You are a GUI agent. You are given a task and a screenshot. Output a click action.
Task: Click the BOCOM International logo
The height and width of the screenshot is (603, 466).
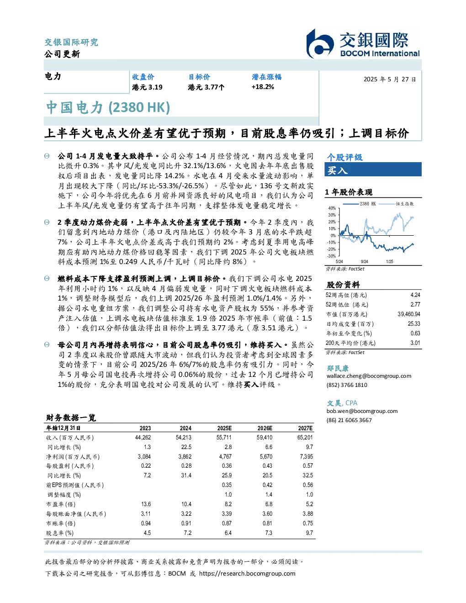(x=363, y=43)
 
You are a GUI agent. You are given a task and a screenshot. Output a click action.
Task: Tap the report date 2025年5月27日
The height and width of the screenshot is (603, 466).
(x=390, y=79)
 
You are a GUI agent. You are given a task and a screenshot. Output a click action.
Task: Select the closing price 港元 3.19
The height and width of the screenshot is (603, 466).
(x=147, y=87)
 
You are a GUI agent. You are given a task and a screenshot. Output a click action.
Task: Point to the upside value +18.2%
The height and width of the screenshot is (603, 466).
(x=263, y=87)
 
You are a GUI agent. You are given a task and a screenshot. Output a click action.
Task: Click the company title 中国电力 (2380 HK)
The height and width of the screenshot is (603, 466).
(x=108, y=107)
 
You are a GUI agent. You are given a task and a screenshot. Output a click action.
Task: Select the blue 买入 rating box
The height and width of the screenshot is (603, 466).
(x=373, y=169)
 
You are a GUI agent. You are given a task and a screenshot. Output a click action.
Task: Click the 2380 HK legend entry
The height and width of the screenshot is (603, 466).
(x=360, y=204)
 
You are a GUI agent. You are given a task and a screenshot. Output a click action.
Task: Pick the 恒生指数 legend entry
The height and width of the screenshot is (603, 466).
(x=397, y=204)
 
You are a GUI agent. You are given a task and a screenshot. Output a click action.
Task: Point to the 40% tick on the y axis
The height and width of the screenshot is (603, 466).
(x=332, y=208)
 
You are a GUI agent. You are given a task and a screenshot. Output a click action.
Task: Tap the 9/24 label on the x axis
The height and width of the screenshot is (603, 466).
(x=364, y=262)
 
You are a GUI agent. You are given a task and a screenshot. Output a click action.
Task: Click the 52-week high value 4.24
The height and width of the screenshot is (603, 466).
(x=415, y=295)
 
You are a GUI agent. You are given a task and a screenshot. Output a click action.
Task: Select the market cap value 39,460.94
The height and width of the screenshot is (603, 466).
(x=409, y=314)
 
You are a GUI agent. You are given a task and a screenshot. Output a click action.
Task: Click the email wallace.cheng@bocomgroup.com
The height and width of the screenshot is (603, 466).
(x=369, y=376)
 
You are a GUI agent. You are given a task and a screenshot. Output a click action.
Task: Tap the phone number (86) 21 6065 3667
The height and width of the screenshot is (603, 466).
(x=349, y=420)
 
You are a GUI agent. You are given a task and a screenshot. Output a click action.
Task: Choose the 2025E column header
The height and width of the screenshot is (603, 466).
(x=224, y=428)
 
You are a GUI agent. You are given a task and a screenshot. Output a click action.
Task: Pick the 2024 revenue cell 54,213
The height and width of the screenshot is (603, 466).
(x=184, y=438)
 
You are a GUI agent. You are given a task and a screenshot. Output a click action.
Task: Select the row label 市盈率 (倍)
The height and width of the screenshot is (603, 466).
(x=61, y=504)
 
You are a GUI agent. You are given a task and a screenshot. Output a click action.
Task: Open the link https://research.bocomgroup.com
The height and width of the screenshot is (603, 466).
(x=247, y=574)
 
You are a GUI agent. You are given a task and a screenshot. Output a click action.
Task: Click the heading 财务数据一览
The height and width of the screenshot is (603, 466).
(x=71, y=418)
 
